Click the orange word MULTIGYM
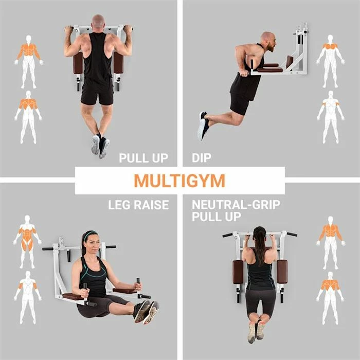(179, 181)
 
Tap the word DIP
(202, 158)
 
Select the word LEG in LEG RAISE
(119, 205)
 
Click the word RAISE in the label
(151, 205)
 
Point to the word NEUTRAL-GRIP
(236, 205)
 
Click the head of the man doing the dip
(269, 42)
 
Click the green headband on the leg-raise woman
(90, 235)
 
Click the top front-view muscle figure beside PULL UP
(29, 62)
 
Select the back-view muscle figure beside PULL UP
(28, 117)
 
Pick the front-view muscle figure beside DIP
(330, 61)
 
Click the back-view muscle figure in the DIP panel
(331, 117)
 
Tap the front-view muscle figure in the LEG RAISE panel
(27, 242)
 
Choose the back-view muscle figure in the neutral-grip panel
(330, 298)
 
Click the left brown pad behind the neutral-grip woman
(238, 272)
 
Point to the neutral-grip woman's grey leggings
(261, 302)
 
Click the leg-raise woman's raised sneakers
(147, 312)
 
